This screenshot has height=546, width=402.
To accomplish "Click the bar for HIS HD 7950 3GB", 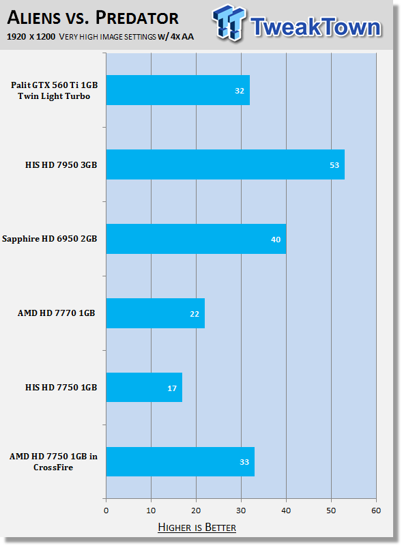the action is coord(225,164).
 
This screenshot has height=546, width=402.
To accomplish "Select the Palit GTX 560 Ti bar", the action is coord(178,90).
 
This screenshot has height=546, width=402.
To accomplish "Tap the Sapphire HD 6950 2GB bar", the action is coord(196,239).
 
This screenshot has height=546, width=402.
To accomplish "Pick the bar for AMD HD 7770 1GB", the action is coord(156,313).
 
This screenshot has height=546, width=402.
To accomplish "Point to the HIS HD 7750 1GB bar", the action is coord(144,388).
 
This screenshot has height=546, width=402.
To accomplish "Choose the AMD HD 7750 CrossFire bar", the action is coord(180,462).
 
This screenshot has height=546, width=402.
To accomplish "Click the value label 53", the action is coord(334,165).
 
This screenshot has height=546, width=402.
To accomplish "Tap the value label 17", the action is coord(172,388).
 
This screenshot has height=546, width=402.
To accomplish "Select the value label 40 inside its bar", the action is coord(276,240).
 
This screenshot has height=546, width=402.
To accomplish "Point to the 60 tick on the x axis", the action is coord(376,511).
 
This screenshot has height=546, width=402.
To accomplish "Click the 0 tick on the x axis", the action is coord(106,511).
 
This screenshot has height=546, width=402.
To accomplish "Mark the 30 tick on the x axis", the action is coord(241,511).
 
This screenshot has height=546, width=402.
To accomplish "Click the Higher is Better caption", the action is coord(197,527).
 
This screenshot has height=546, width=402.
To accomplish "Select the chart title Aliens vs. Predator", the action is coord(93,18).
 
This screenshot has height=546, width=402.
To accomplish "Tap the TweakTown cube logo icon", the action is coord(229,23).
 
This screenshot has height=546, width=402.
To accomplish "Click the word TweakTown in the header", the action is coord(316,27).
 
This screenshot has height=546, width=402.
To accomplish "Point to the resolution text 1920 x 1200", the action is coord(31,37).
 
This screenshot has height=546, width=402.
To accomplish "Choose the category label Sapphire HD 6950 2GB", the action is coord(49,239).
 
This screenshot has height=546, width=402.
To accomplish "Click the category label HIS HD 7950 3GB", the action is coord(61,164).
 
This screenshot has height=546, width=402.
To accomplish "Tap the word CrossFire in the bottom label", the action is coord(53,468).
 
